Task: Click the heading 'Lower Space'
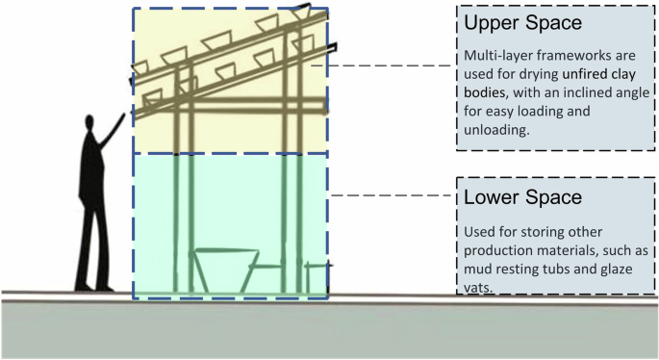tap(522, 198)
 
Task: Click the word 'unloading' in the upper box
tap(496, 130)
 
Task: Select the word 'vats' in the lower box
tap(479, 287)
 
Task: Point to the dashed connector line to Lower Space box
tap(390, 195)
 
